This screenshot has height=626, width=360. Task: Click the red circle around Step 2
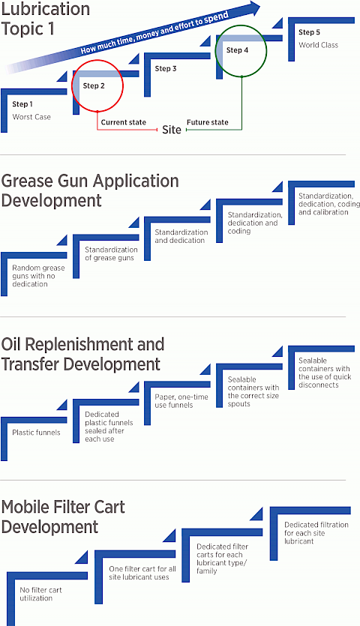click(72, 85)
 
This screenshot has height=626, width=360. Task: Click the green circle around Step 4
click(216, 51)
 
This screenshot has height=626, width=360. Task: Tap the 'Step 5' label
click(309, 32)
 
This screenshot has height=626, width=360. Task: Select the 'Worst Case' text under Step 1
click(31, 117)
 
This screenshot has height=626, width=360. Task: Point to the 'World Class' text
click(319, 45)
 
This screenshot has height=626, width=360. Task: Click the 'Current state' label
click(124, 122)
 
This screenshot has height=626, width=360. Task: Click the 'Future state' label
click(207, 122)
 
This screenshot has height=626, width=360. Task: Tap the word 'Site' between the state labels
click(172, 130)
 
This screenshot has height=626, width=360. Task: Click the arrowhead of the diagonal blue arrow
click(254, 7)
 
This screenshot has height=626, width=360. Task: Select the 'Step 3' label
click(166, 69)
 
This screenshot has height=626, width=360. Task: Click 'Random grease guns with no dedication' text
click(38, 276)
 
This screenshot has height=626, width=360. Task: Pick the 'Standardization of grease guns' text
click(111, 253)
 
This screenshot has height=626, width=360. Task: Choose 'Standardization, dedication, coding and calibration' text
click(329, 204)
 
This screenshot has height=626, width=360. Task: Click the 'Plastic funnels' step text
click(36, 433)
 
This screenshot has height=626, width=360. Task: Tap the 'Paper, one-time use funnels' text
click(181, 401)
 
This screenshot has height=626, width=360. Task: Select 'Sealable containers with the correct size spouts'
click(253, 391)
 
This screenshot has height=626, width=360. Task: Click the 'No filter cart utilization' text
click(40, 594)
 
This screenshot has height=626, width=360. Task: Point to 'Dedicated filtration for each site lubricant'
click(316, 533)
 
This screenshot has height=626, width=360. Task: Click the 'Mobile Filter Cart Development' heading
click(63, 517)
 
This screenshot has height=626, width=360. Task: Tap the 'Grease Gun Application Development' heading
click(90, 191)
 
